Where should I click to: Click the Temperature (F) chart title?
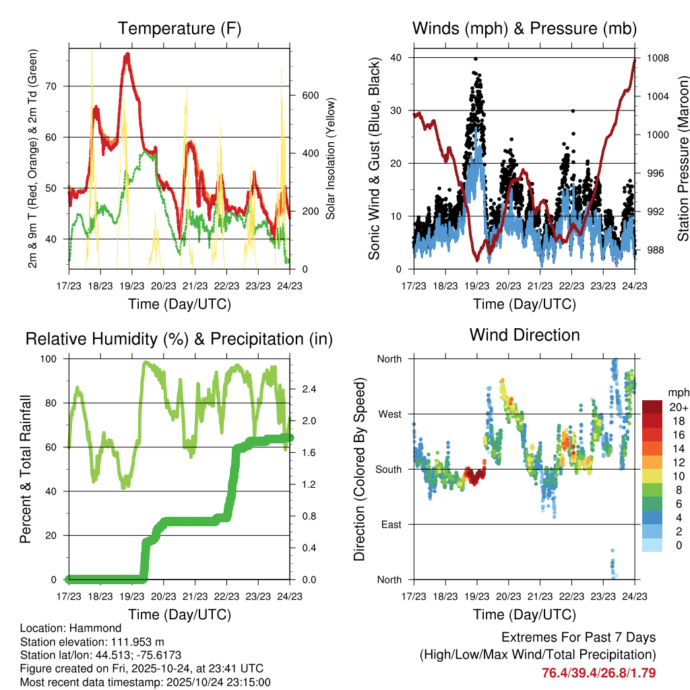(179, 29)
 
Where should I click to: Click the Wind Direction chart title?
(524, 335)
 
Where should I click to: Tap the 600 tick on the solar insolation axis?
(309, 96)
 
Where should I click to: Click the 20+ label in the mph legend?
(679, 408)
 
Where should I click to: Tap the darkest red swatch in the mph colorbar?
(652, 407)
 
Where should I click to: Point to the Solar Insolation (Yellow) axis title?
(330, 159)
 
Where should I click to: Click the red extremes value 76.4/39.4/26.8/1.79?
(598, 673)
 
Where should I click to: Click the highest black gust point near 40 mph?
(475, 59)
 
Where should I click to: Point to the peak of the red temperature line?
(127, 54)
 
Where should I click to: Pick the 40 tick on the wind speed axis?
(396, 58)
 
